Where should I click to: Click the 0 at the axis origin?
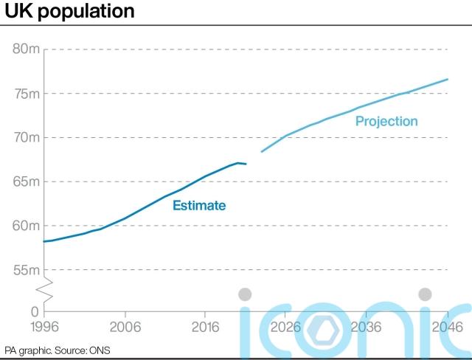[x=34, y=312]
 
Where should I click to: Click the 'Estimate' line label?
[x=199, y=206]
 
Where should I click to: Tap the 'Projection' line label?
[x=386, y=121]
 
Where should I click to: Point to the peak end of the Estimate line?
[x=238, y=163]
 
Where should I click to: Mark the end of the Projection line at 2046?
[x=448, y=79]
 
